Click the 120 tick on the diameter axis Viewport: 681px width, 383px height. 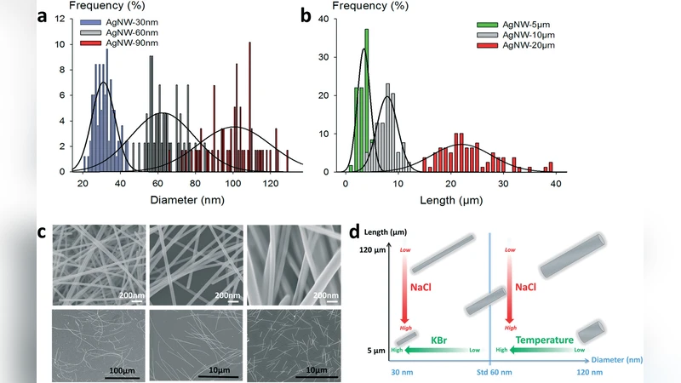(x=271, y=183)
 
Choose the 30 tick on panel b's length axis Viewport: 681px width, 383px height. (x=504, y=183)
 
